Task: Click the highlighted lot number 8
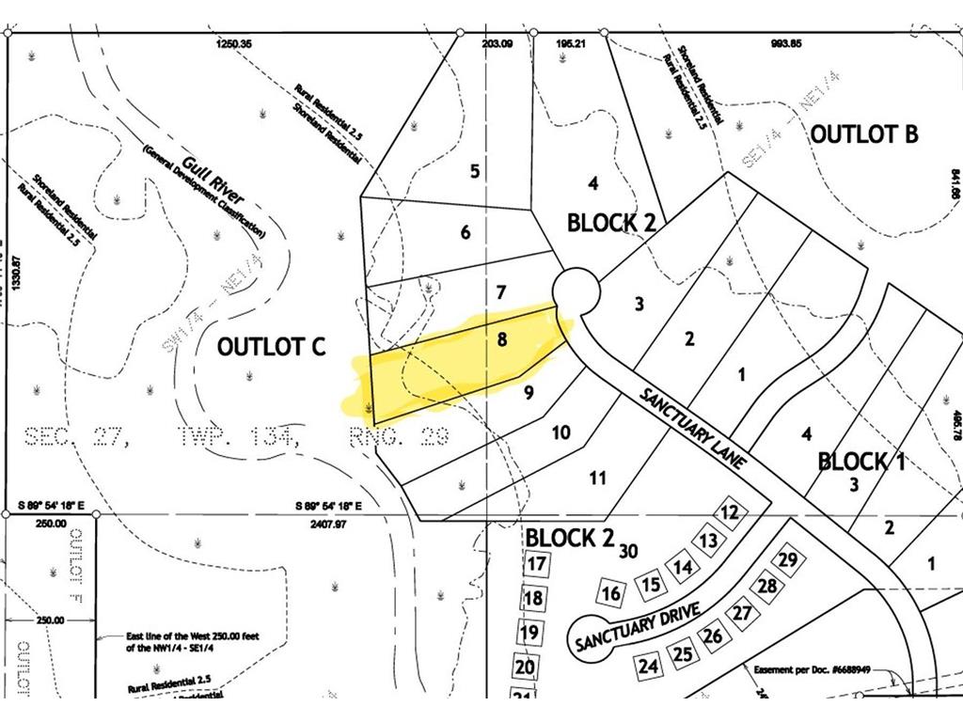[x=502, y=339]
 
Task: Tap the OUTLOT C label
[x=271, y=346]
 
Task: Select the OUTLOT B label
[x=863, y=133]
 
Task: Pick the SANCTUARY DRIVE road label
[x=637, y=628]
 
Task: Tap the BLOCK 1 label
[x=861, y=461]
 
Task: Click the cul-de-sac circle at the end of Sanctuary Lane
[x=576, y=289]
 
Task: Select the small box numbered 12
[x=730, y=512]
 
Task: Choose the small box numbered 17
[x=536, y=565]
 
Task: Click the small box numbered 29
[x=789, y=560]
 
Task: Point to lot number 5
[x=475, y=171]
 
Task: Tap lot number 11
[x=597, y=478]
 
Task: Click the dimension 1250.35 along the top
[x=234, y=43]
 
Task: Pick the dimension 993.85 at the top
[x=782, y=43]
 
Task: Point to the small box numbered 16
[x=611, y=593]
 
